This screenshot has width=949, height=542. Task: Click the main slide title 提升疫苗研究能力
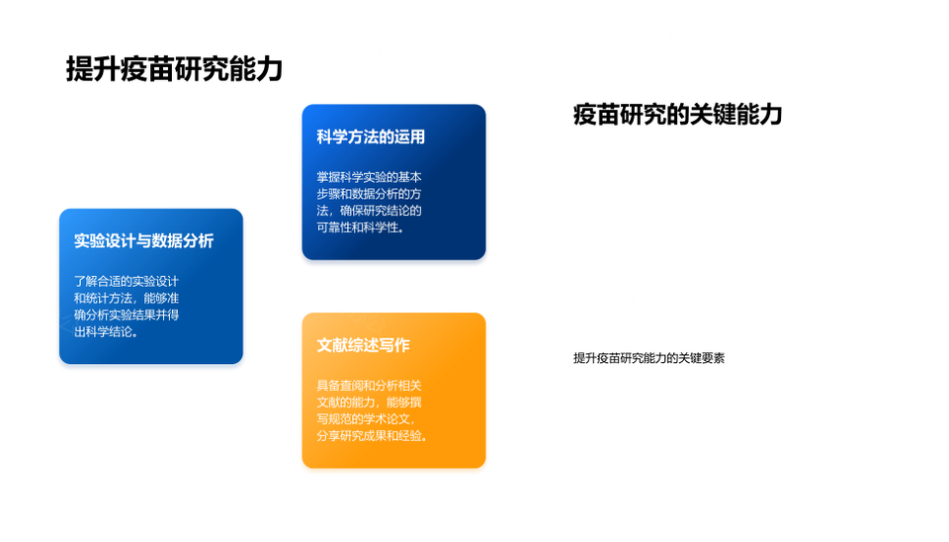174,69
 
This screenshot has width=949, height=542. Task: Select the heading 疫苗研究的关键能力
678,115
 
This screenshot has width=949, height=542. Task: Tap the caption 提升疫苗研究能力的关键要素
648,358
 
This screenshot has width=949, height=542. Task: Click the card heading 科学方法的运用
371,136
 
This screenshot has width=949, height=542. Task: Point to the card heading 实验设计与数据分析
144,241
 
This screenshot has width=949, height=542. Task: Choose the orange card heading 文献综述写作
363,345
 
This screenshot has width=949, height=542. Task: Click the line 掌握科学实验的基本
369,177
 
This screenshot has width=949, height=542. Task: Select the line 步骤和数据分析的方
369,194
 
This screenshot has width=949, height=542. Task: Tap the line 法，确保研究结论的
369,211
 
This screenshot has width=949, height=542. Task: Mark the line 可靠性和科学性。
361,227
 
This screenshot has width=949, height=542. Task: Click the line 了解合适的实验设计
127,281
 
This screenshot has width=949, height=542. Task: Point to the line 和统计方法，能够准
127,298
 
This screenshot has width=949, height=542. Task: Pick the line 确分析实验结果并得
127,315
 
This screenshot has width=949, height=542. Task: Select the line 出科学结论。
107,332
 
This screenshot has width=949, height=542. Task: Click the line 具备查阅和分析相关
369,385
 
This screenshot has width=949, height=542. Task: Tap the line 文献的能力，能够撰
369,403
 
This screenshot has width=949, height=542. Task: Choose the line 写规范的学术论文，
366,419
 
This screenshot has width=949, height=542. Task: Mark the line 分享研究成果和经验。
373,436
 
